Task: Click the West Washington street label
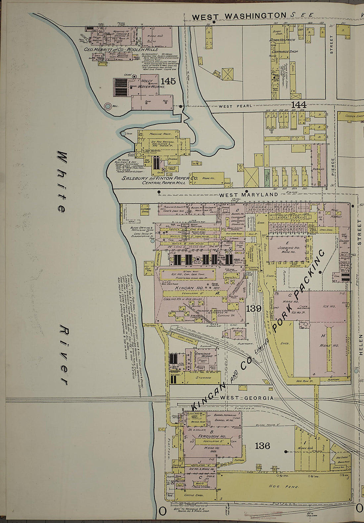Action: click(239, 16)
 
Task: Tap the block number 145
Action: click(168, 81)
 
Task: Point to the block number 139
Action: click(254, 308)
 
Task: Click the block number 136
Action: click(262, 446)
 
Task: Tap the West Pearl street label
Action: click(235, 106)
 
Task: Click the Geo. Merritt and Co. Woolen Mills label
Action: click(113, 49)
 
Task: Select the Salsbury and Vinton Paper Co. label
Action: click(160, 178)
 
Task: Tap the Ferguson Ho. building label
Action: click(212, 436)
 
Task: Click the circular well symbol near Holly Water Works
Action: click(108, 107)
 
